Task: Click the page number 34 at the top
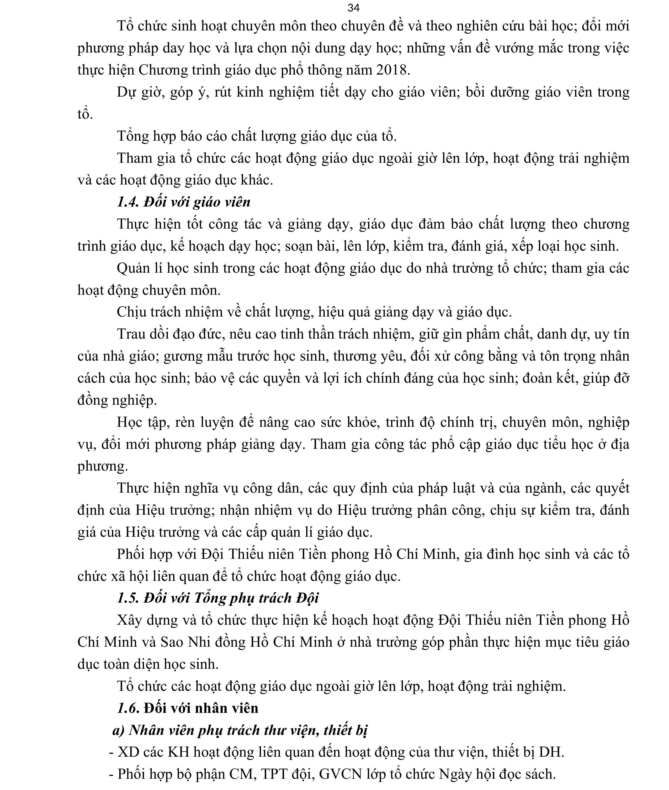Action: click(x=353, y=8)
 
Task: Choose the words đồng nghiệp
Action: click(x=117, y=400)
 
